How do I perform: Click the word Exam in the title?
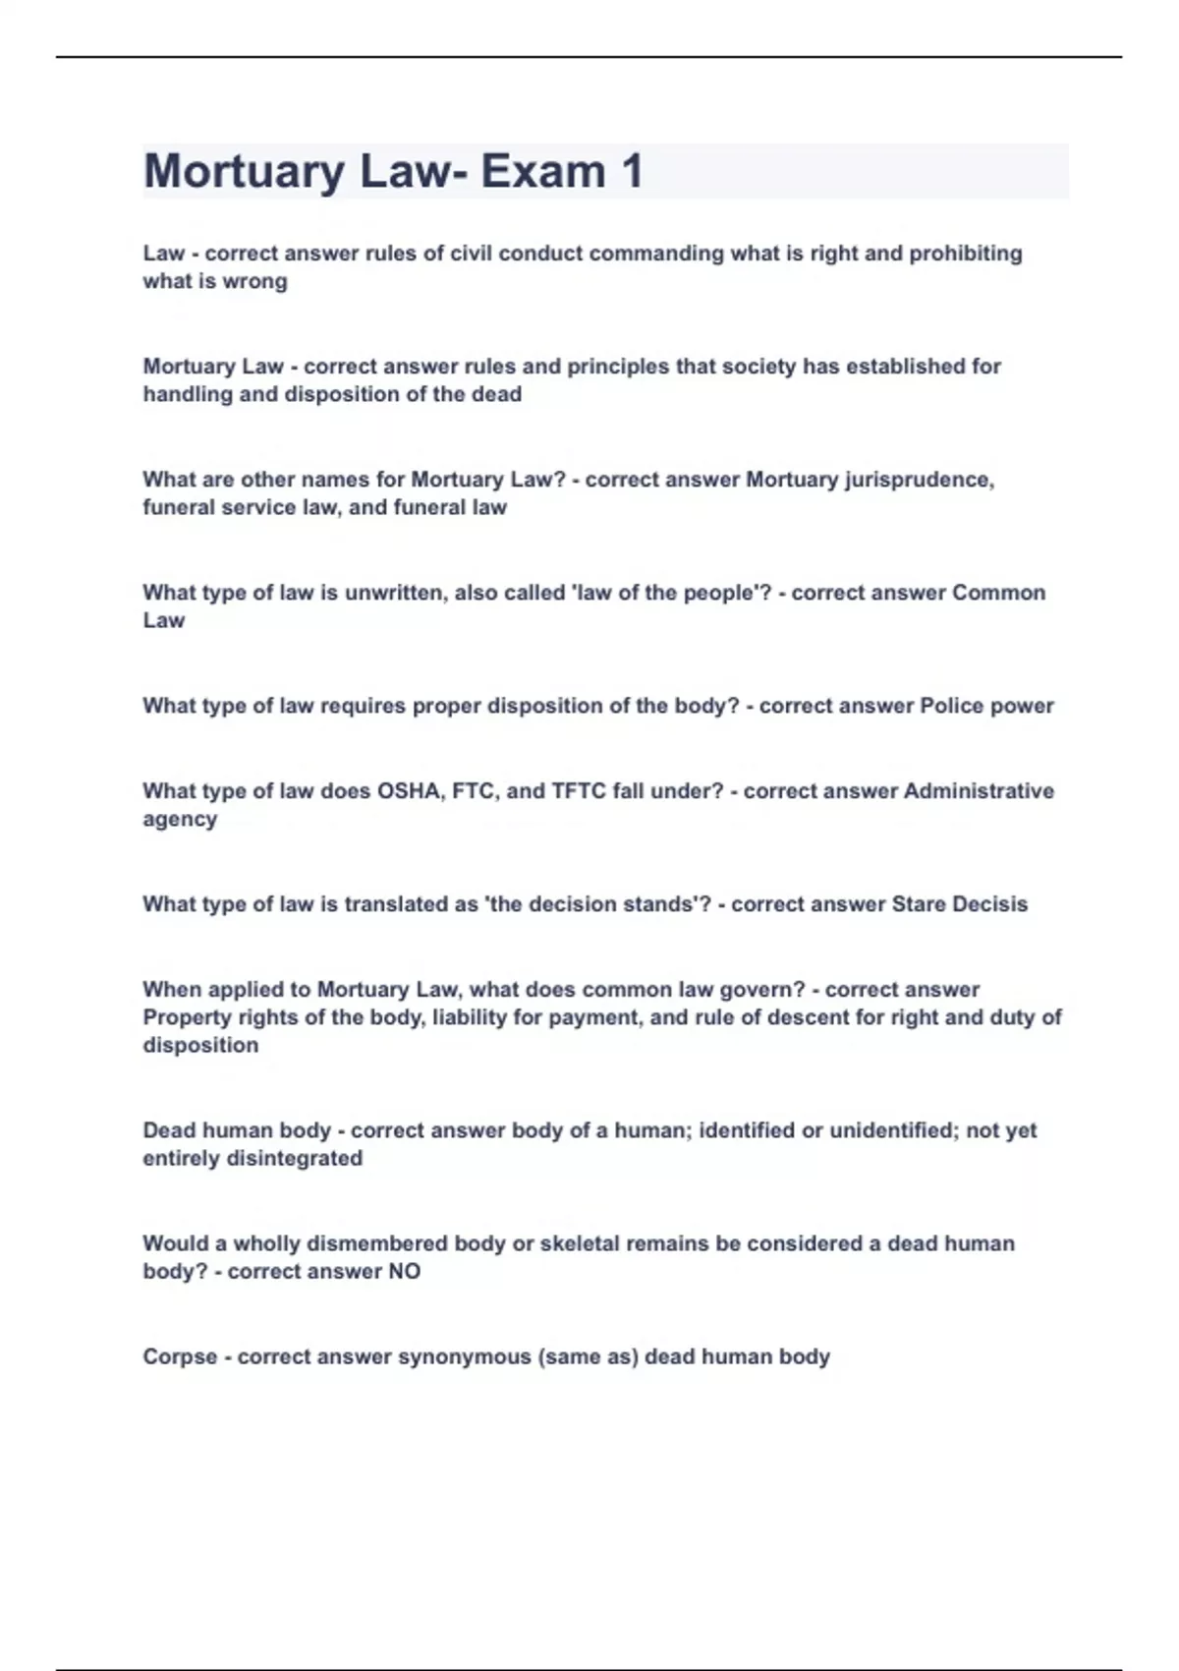coord(542,171)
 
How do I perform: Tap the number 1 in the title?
coord(632,171)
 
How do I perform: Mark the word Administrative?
coord(979,791)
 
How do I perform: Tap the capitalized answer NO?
coord(404,1272)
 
